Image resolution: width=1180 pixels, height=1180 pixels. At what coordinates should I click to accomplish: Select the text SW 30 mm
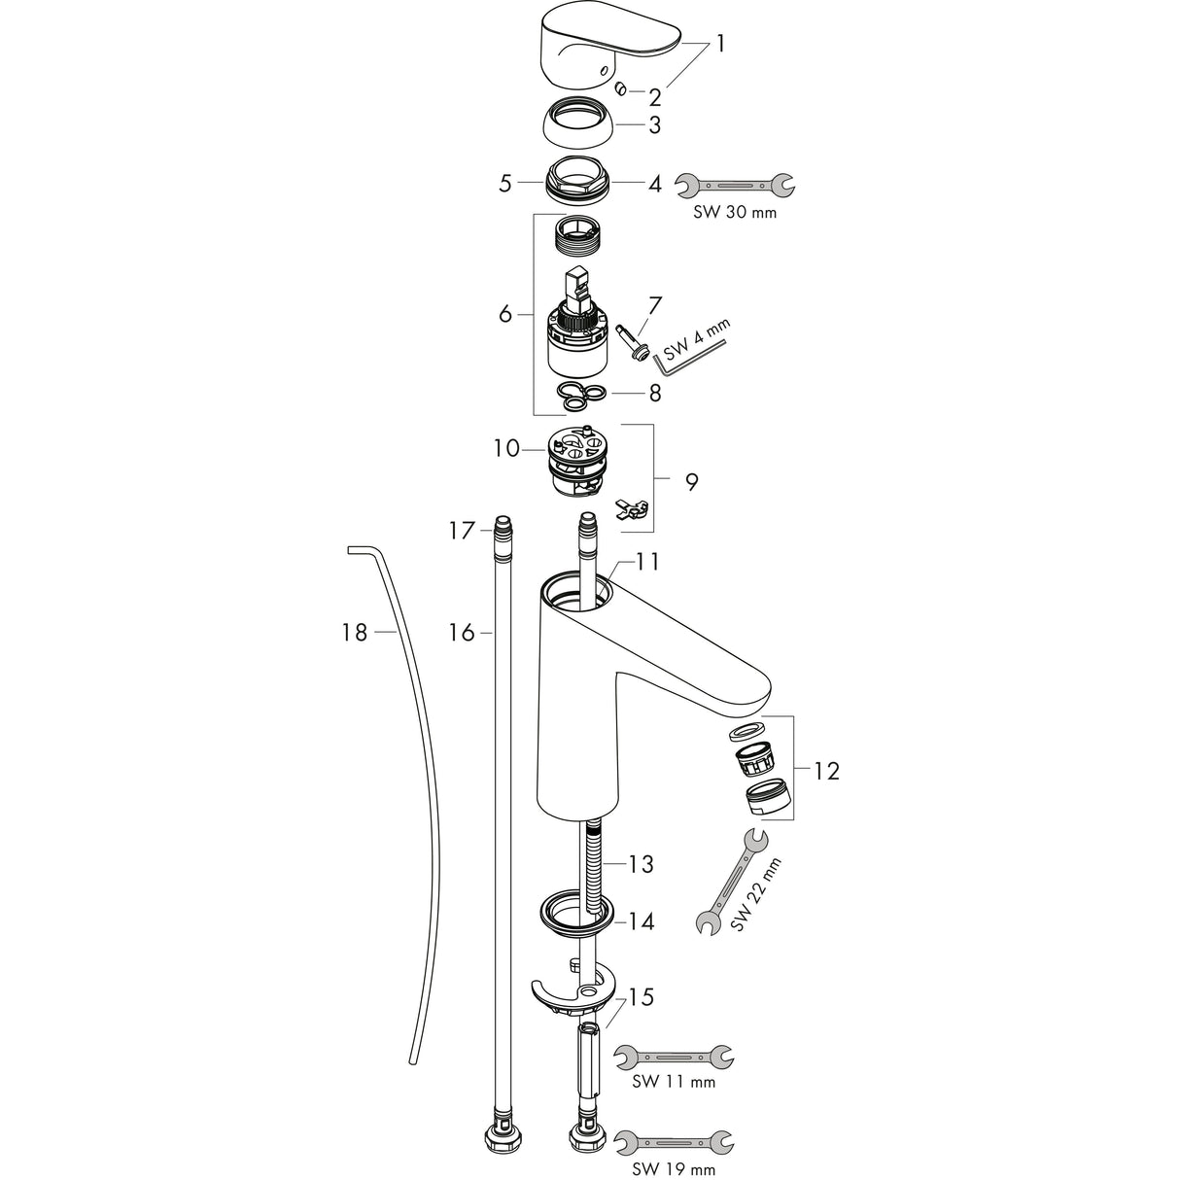pyautogui.click(x=736, y=212)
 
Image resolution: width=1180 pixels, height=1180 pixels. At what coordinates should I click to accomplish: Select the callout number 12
pyautogui.click(x=825, y=771)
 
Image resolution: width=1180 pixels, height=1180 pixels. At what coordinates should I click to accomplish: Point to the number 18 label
pyautogui.click(x=355, y=633)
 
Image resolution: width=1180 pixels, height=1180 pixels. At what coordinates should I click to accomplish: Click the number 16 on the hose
pyautogui.click(x=462, y=633)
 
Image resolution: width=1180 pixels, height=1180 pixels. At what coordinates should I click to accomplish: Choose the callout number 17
pyautogui.click(x=462, y=531)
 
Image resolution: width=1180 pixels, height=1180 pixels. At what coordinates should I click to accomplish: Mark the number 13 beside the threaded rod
pyautogui.click(x=641, y=863)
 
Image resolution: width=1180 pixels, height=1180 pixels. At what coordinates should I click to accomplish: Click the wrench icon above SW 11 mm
pyautogui.click(x=675, y=1055)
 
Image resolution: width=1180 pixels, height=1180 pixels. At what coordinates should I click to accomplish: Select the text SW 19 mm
pyautogui.click(x=675, y=1169)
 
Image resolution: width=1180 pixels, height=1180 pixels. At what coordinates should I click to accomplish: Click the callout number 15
pyautogui.click(x=641, y=997)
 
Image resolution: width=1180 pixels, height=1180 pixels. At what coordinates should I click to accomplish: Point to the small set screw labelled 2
pyautogui.click(x=620, y=89)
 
